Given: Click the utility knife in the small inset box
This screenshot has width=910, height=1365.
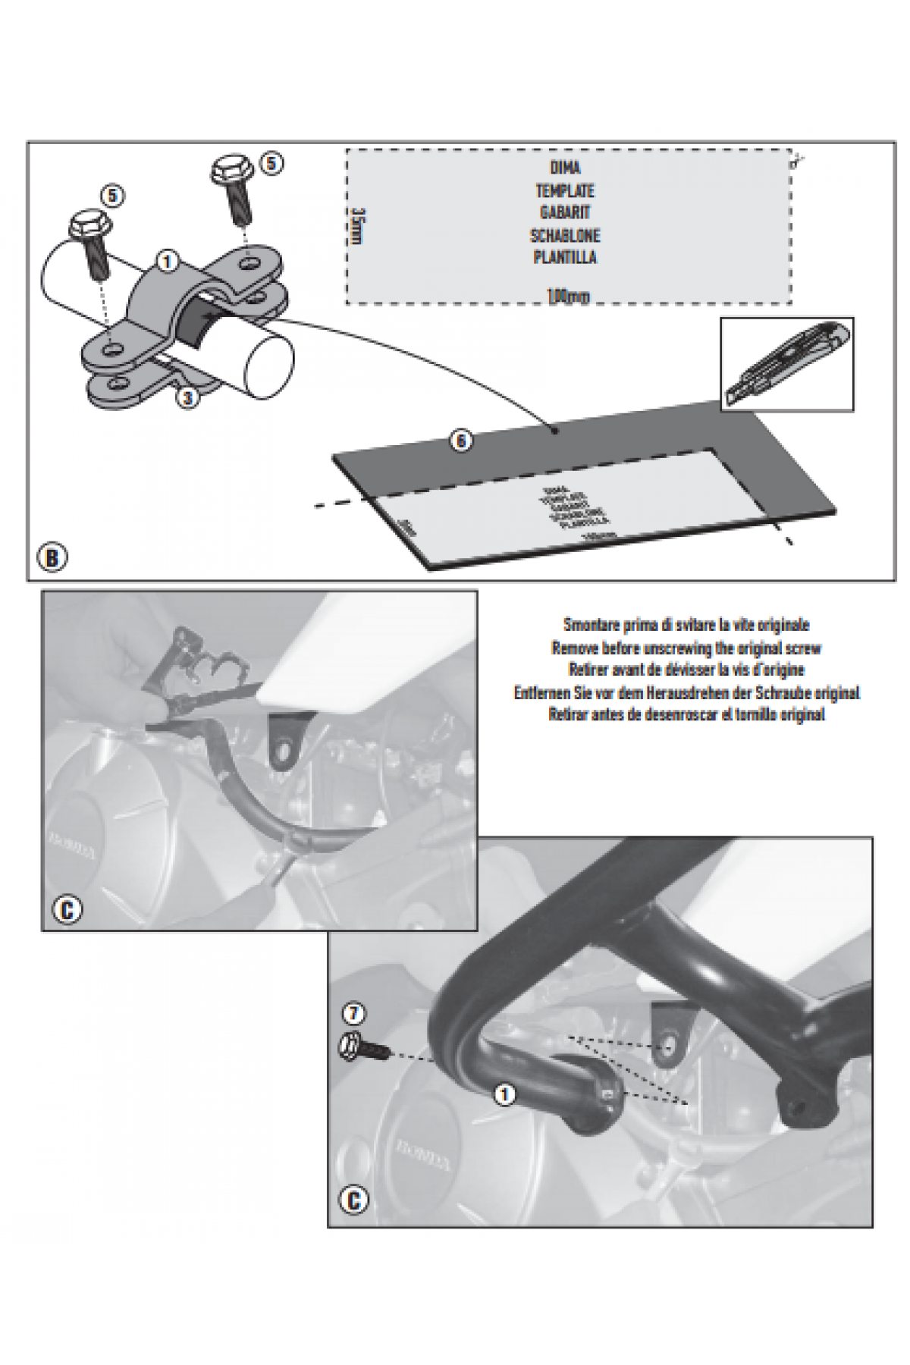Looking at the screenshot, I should (786, 363).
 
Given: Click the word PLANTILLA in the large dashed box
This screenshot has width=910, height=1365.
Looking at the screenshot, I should (565, 257).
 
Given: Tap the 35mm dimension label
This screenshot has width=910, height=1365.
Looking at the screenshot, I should (359, 225).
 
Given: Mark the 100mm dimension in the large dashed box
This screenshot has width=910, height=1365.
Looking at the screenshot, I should (568, 297).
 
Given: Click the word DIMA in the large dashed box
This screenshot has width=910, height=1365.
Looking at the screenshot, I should (565, 168).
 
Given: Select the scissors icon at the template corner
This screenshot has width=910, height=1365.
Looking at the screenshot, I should (797, 159).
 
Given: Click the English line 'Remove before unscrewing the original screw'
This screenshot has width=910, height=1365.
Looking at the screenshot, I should (686, 648).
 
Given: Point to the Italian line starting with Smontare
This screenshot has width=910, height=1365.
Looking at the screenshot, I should (686, 625).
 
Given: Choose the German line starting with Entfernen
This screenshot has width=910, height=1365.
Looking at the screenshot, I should (686, 692).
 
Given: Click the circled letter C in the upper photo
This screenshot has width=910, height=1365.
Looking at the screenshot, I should (67, 909).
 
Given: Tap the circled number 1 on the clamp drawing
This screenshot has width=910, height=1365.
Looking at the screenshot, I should (168, 262).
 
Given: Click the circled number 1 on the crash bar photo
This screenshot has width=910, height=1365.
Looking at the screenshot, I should (503, 1094).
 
